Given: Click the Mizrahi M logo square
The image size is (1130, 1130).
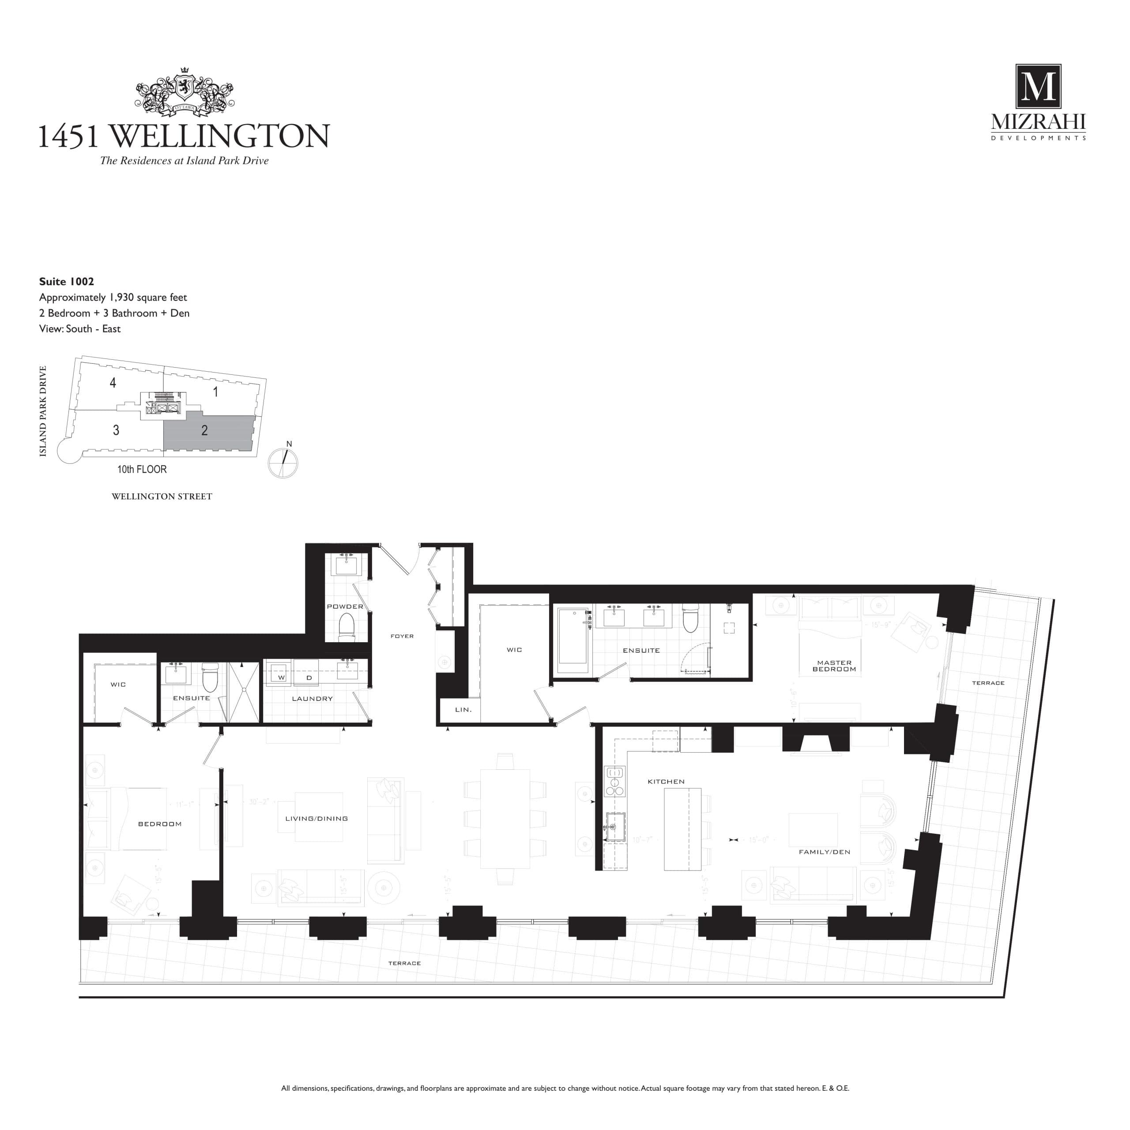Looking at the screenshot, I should point(1038,87).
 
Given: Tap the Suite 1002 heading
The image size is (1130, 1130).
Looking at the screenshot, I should point(67,281).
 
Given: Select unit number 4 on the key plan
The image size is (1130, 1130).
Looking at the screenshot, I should point(113,383).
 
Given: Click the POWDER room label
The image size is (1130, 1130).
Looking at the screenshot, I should point(345,606).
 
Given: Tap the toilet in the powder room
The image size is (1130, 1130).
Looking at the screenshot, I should point(347,627).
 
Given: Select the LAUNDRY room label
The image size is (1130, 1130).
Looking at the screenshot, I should point(313,698).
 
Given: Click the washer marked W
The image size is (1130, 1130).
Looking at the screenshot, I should point(281,677).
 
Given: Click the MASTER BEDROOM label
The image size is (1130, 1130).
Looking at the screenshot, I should point(834,666).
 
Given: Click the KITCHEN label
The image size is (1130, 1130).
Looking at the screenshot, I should point(666,781).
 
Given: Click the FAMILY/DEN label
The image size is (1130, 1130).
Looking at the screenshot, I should point(824,852).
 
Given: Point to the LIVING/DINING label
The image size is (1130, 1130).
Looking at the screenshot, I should point(316,819).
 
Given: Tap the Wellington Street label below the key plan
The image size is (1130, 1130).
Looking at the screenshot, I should point(162,497).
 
